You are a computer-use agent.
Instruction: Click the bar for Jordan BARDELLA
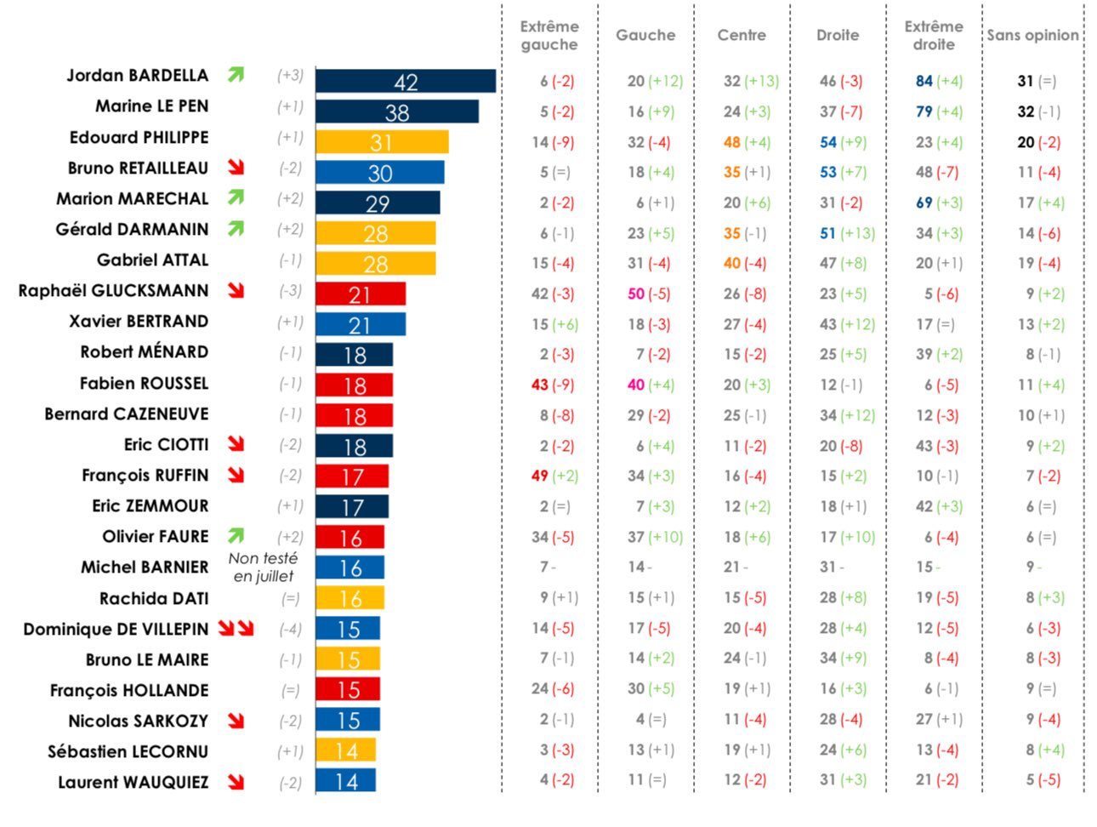(405, 82)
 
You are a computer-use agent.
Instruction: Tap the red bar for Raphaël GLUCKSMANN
(360, 294)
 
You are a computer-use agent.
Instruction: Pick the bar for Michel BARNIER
(350, 568)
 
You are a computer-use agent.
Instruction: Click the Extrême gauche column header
(549, 36)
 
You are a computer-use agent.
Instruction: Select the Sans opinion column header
(1032, 36)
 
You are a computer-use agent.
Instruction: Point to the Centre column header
(742, 36)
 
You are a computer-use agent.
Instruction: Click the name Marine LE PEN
(151, 106)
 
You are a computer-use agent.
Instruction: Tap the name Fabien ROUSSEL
(144, 384)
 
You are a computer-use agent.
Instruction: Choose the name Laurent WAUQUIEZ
(133, 783)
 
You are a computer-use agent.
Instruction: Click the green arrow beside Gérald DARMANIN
(236, 229)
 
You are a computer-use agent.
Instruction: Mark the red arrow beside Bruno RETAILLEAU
(236, 168)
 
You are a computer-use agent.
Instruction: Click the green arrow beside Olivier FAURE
(236, 536)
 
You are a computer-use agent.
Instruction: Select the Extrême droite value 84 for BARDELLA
(924, 81)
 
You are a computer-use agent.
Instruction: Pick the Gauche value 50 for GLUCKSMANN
(636, 294)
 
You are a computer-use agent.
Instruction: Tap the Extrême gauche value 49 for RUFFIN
(540, 476)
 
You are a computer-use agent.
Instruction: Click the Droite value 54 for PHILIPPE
(828, 142)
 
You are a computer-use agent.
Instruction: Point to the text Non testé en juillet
(263, 567)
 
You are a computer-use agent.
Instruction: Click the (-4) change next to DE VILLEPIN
(290, 630)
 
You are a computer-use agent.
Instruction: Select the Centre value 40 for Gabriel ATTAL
(732, 264)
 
